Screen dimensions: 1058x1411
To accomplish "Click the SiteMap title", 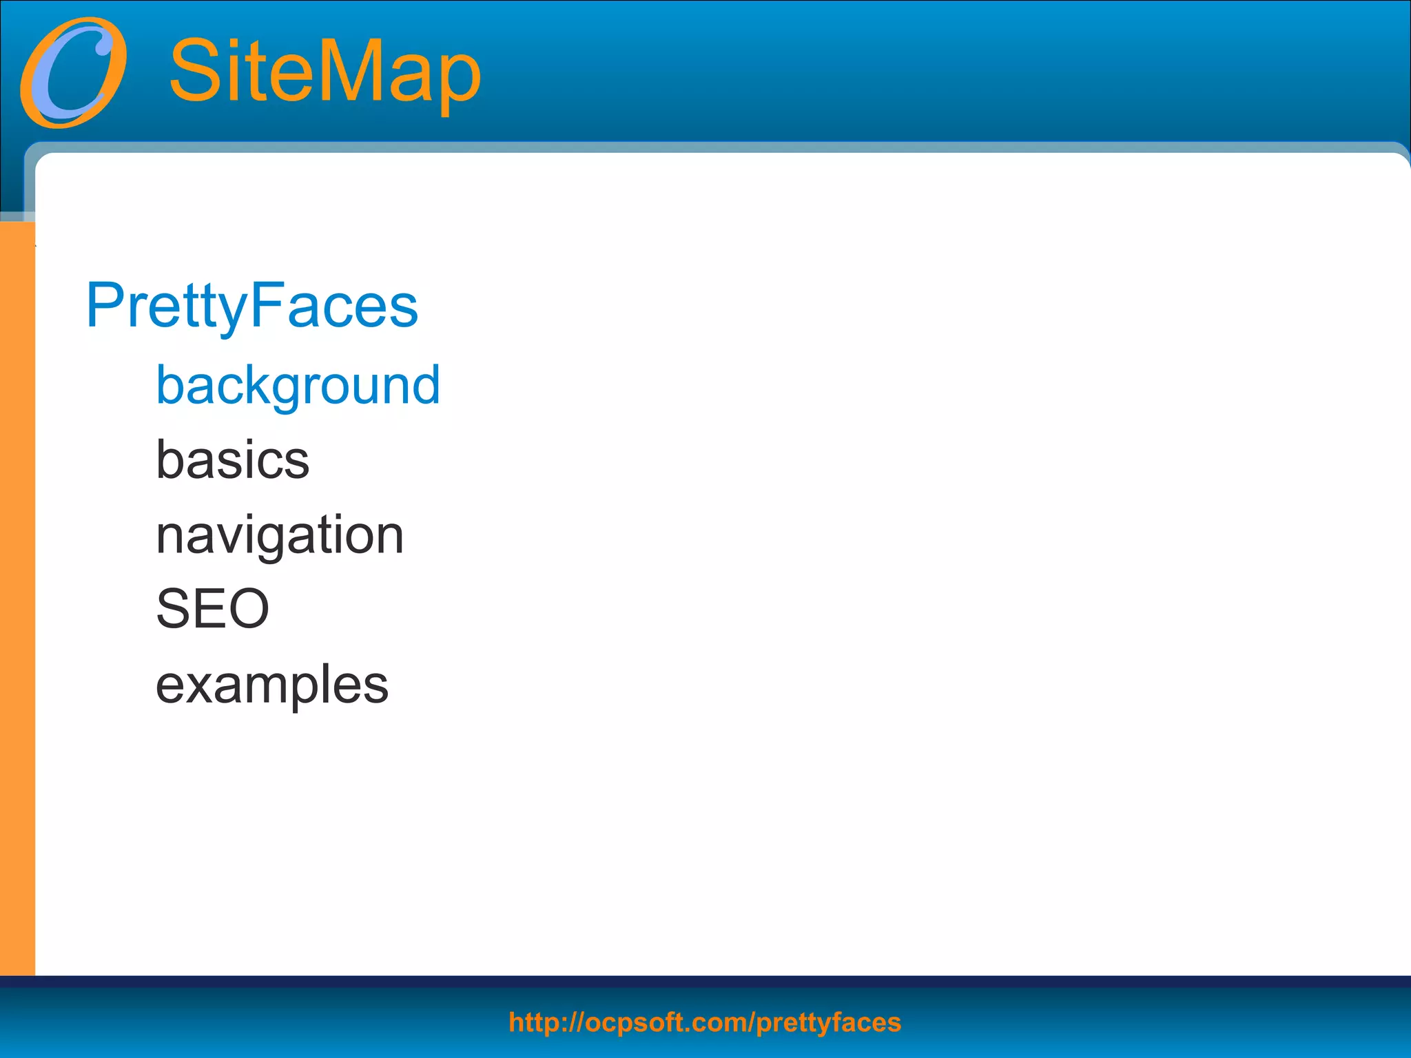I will [325, 71].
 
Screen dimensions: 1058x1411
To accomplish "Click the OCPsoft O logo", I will [72, 72].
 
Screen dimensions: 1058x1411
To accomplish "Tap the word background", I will [298, 385].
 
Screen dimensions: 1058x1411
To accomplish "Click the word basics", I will [232, 460].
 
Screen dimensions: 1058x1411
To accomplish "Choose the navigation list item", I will [279, 535].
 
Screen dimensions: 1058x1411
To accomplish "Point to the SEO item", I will [212, 609].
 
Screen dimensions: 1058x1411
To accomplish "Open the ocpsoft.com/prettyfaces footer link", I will [704, 1022].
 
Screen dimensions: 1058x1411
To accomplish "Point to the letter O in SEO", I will [247, 609].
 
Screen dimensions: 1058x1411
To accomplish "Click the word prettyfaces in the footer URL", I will [828, 1023].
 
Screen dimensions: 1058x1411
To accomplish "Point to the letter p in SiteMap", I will [458, 79].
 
